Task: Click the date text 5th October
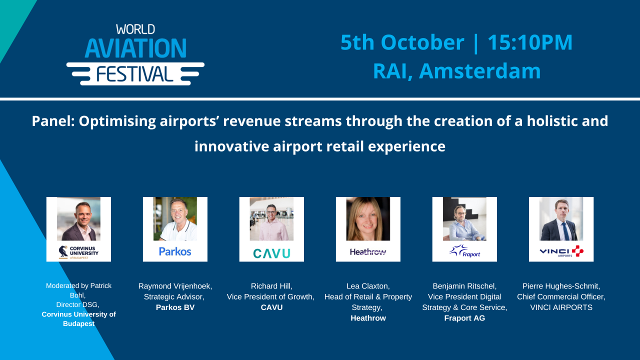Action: click(402, 42)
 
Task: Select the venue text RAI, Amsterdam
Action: click(456, 71)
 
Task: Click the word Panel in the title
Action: click(53, 121)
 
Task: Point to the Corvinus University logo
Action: click(78, 251)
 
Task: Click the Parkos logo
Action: click(175, 251)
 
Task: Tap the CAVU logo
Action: click(271, 253)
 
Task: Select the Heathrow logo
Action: click(368, 252)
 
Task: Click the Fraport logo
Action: click(464, 251)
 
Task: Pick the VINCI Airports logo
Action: click(561, 251)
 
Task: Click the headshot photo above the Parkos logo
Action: click(175, 219)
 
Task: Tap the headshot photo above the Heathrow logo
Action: click(368, 219)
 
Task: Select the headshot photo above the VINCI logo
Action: click(561, 219)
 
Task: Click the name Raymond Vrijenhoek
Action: click(175, 286)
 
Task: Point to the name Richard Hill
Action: click(270, 286)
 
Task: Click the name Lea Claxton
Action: click(367, 286)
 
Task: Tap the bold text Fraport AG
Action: click(464, 318)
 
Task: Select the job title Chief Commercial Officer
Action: click(561, 297)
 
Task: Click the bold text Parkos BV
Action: click(175, 307)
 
